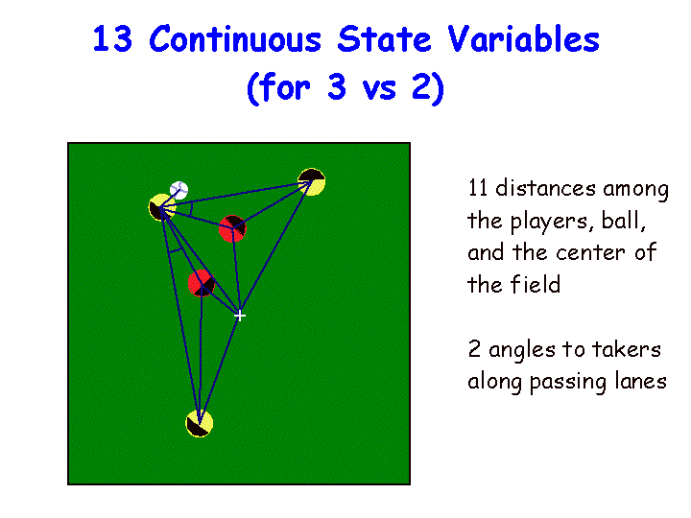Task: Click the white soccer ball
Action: click(x=179, y=190)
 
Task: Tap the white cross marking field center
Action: click(x=240, y=316)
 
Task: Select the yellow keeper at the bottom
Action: click(x=200, y=423)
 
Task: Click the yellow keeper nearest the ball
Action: click(x=161, y=207)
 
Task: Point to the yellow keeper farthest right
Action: click(x=312, y=181)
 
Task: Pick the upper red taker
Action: click(x=232, y=228)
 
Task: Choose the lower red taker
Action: click(x=202, y=283)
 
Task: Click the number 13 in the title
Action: click(x=112, y=39)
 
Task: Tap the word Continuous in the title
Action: click(x=235, y=38)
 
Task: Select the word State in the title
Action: click(x=384, y=38)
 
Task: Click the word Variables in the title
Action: click(x=524, y=38)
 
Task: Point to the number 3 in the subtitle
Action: click(x=337, y=87)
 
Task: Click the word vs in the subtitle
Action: click(x=379, y=91)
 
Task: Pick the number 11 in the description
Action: click(x=477, y=188)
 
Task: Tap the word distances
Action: click(x=545, y=188)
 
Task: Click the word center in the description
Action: click(x=590, y=253)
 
